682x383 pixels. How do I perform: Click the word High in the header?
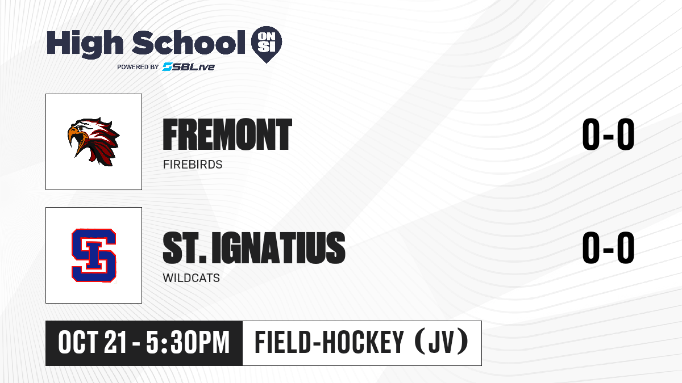point(85,44)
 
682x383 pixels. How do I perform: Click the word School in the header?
point(189,42)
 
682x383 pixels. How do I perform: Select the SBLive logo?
point(188,67)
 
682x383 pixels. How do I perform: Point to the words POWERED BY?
point(138,67)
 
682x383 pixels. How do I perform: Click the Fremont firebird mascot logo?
point(93,142)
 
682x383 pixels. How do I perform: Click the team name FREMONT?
point(227,134)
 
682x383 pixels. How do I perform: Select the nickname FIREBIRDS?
point(193,165)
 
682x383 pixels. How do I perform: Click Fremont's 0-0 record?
point(608,134)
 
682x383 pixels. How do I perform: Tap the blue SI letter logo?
point(94,255)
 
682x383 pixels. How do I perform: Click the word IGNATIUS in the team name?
point(278,248)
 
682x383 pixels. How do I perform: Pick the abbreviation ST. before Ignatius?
point(185,248)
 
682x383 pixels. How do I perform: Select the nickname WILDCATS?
point(191,278)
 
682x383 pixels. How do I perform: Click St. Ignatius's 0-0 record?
point(608,248)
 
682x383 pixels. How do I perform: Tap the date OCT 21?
point(92,343)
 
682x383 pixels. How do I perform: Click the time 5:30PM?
point(188,343)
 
